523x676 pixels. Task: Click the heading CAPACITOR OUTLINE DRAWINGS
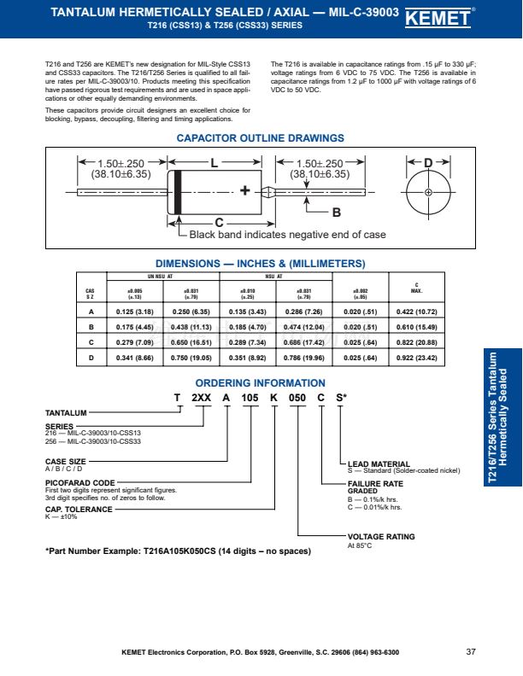point(260,138)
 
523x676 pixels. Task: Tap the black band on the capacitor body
point(178,191)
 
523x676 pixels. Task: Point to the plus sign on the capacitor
point(245,191)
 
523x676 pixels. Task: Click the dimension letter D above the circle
point(428,162)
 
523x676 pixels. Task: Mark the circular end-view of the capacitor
point(428,192)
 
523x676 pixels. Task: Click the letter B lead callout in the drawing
point(336,213)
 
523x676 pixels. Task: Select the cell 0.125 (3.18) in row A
point(134,312)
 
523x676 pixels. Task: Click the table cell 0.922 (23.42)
point(416,358)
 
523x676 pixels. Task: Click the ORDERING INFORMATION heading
point(260,383)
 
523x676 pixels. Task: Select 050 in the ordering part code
point(297,398)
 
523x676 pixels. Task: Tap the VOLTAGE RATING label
point(381,537)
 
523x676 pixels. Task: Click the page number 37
point(471,652)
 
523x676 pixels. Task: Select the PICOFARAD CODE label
point(79,482)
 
